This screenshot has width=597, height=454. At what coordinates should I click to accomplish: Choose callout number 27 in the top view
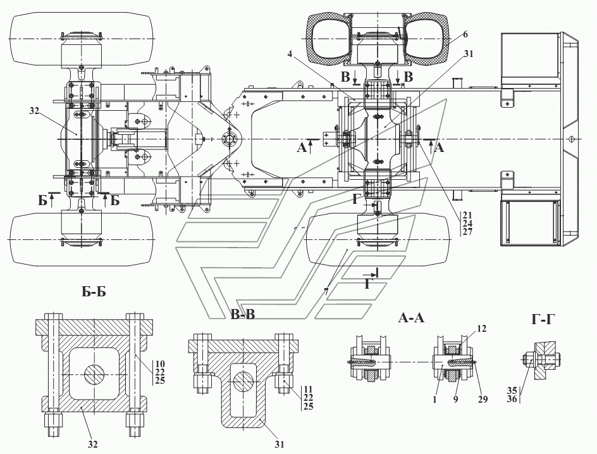[x=467, y=232]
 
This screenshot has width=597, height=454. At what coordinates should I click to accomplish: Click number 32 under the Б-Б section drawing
[x=93, y=445]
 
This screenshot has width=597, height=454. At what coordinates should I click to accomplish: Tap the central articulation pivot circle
[x=229, y=139]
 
